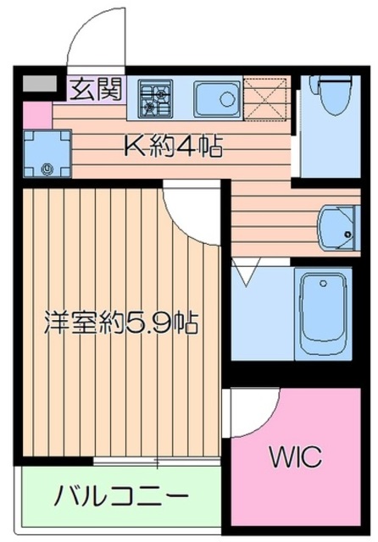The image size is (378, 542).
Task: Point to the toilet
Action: [x=332, y=95]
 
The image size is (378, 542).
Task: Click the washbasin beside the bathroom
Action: [x=337, y=226]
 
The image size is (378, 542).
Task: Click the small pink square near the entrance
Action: [x=36, y=113]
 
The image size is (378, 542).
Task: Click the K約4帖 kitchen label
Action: [x=174, y=149]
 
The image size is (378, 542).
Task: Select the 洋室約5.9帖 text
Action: [x=121, y=323]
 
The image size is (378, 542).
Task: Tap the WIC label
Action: [x=296, y=458]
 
